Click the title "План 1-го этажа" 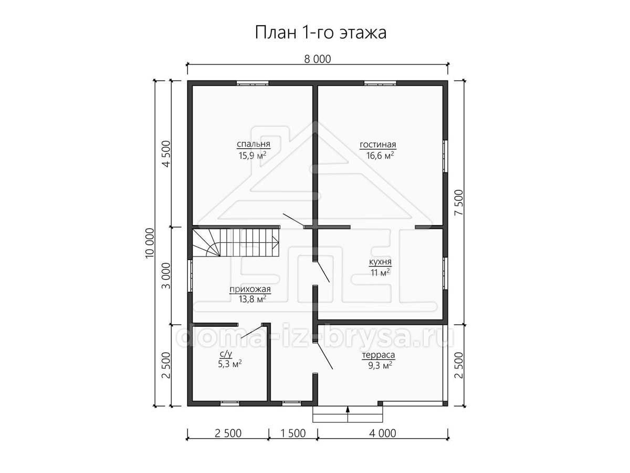pyautogui.click(x=321, y=33)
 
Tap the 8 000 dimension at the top pyautogui.click(x=318, y=59)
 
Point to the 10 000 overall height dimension pyautogui.click(x=150, y=243)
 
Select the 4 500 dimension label pyautogui.click(x=166, y=154)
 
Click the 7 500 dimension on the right pyautogui.click(x=459, y=203)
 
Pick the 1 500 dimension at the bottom pyautogui.click(x=293, y=434)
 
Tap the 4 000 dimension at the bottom pyautogui.click(x=383, y=434)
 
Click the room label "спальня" pyautogui.click(x=254, y=144)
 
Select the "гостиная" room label pyautogui.click(x=378, y=145)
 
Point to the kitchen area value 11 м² pyautogui.click(x=380, y=272)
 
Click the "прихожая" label pyautogui.click(x=250, y=289)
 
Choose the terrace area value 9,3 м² pyautogui.click(x=380, y=366)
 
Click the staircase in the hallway pyautogui.click(x=235, y=242)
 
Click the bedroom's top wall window pyautogui.click(x=253, y=83)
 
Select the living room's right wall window pyautogui.click(x=445, y=156)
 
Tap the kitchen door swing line pyautogui.click(x=322, y=271)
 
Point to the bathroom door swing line pyautogui.click(x=252, y=332)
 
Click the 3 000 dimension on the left pyautogui.click(x=166, y=276)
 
